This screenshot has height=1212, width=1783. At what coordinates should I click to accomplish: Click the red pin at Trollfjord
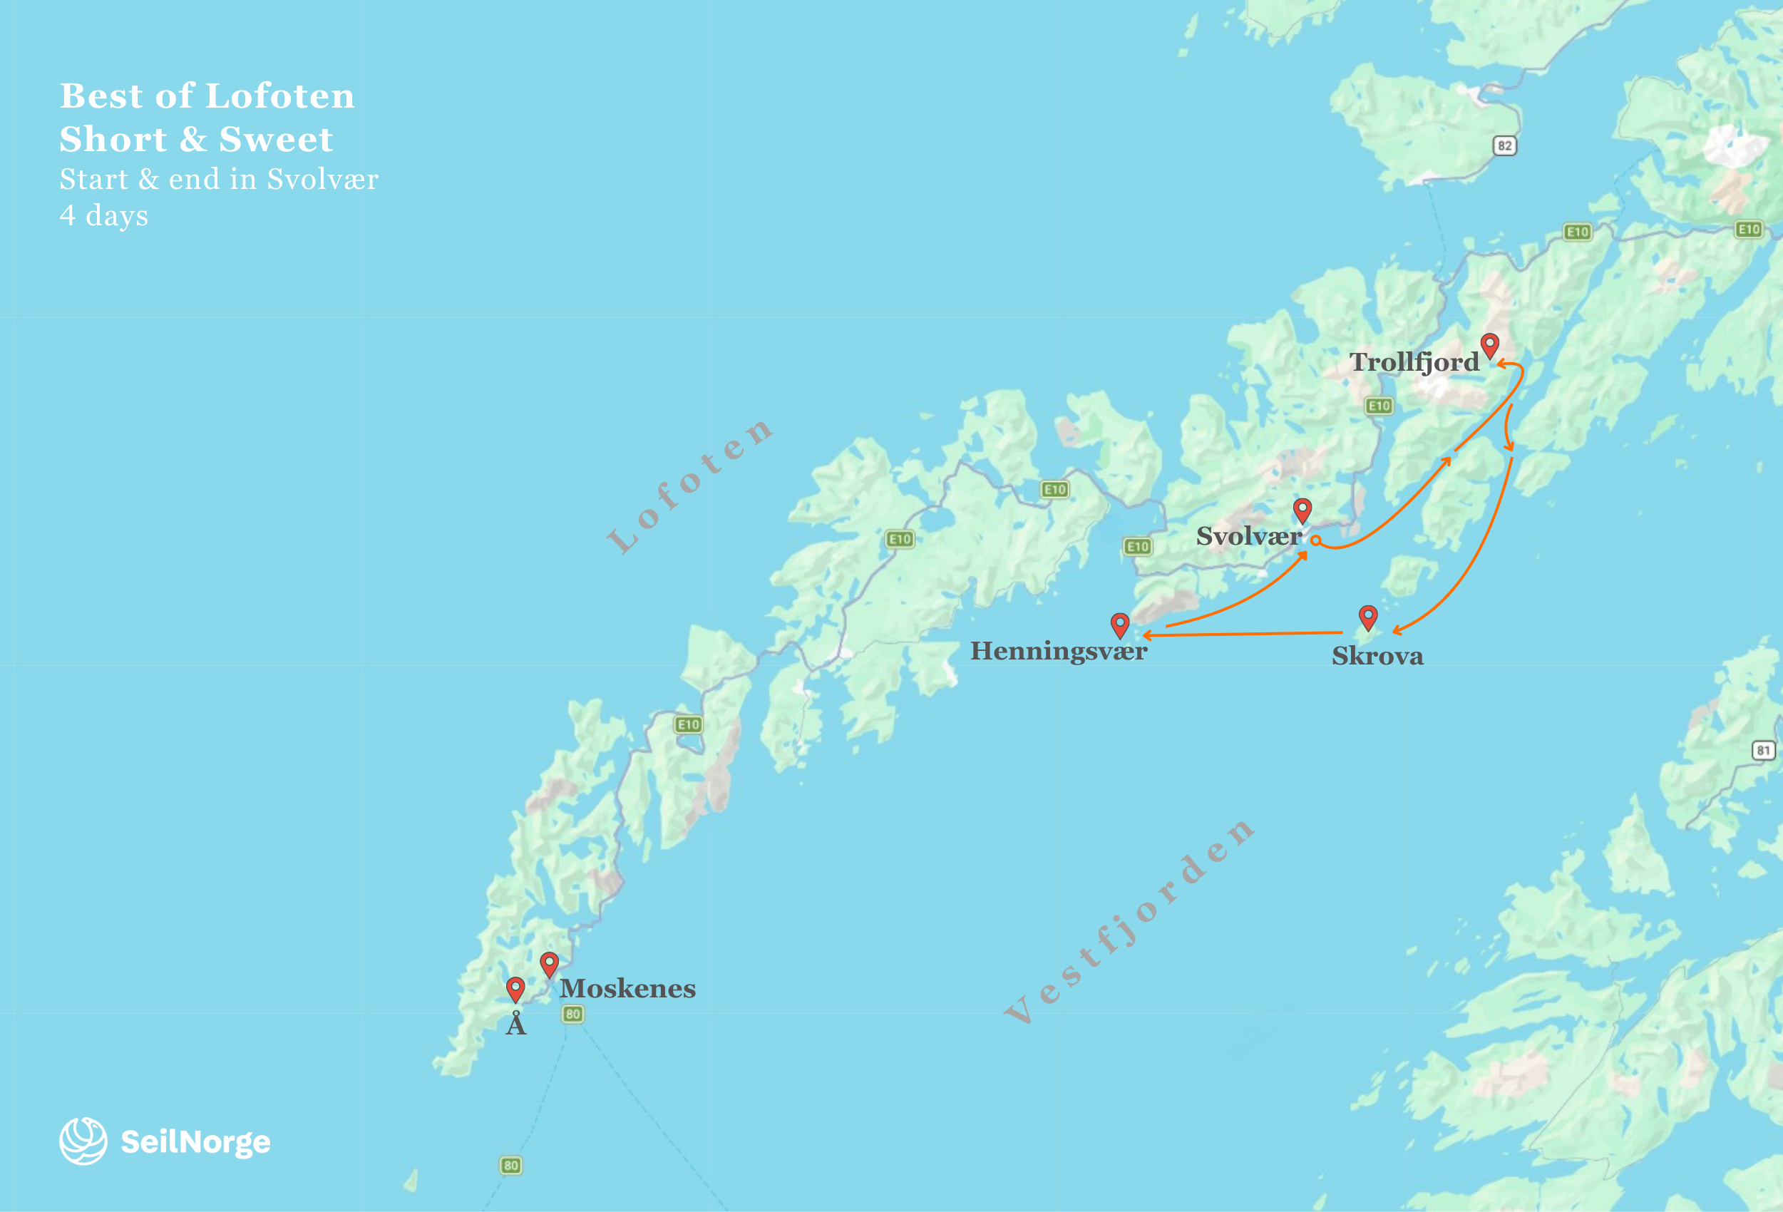(x=1489, y=344)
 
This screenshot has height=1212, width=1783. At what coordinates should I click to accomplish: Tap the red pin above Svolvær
(x=1302, y=508)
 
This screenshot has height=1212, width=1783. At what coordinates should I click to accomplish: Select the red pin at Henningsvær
(x=1120, y=624)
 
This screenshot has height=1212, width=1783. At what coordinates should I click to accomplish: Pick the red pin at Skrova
(x=1368, y=616)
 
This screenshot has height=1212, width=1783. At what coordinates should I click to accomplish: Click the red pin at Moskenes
(x=550, y=962)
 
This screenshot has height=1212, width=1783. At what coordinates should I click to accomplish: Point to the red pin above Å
(x=515, y=988)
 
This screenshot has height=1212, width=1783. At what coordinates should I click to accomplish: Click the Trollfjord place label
(x=1414, y=362)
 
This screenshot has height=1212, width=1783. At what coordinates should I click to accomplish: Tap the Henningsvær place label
(x=1058, y=651)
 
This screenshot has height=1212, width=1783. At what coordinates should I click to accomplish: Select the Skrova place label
(x=1377, y=657)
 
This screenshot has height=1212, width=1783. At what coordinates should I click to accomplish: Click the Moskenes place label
(x=627, y=989)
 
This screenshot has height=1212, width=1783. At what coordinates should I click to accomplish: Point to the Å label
(x=515, y=1024)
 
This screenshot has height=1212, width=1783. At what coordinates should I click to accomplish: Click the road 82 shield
(x=1504, y=145)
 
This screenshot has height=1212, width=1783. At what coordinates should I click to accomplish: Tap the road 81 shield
(x=1764, y=750)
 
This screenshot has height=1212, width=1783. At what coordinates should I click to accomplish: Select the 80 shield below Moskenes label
(x=572, y=1014)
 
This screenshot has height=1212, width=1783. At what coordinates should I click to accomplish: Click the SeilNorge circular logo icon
(x=83, y=1141)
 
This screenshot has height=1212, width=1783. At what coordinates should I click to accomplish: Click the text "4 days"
(x=103, y=215)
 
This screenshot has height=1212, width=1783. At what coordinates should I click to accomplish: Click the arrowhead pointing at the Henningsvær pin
(x=1146, y=635)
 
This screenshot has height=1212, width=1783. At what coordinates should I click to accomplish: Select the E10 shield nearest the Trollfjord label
(x=1379, y=406)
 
